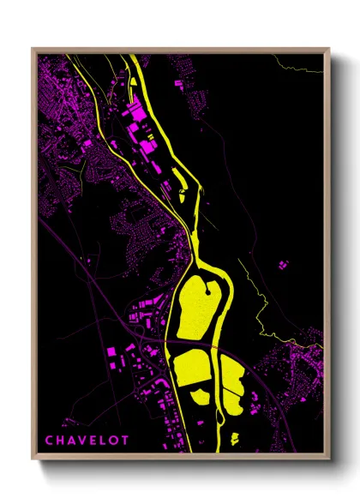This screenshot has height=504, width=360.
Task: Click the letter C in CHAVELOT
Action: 49,441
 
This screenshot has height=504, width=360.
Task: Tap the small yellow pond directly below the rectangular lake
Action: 199,395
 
